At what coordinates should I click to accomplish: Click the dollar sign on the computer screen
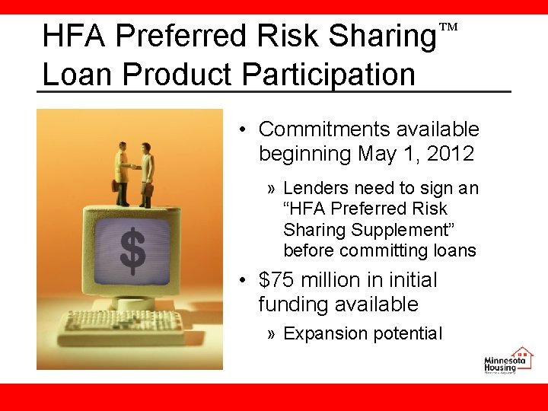[132, 252]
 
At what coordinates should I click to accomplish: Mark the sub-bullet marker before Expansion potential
[272, 333]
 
